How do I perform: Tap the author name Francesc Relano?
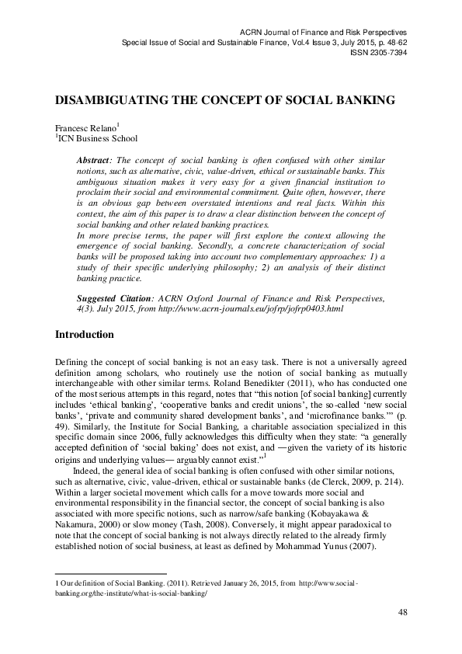85,127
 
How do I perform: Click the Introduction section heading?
84,335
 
